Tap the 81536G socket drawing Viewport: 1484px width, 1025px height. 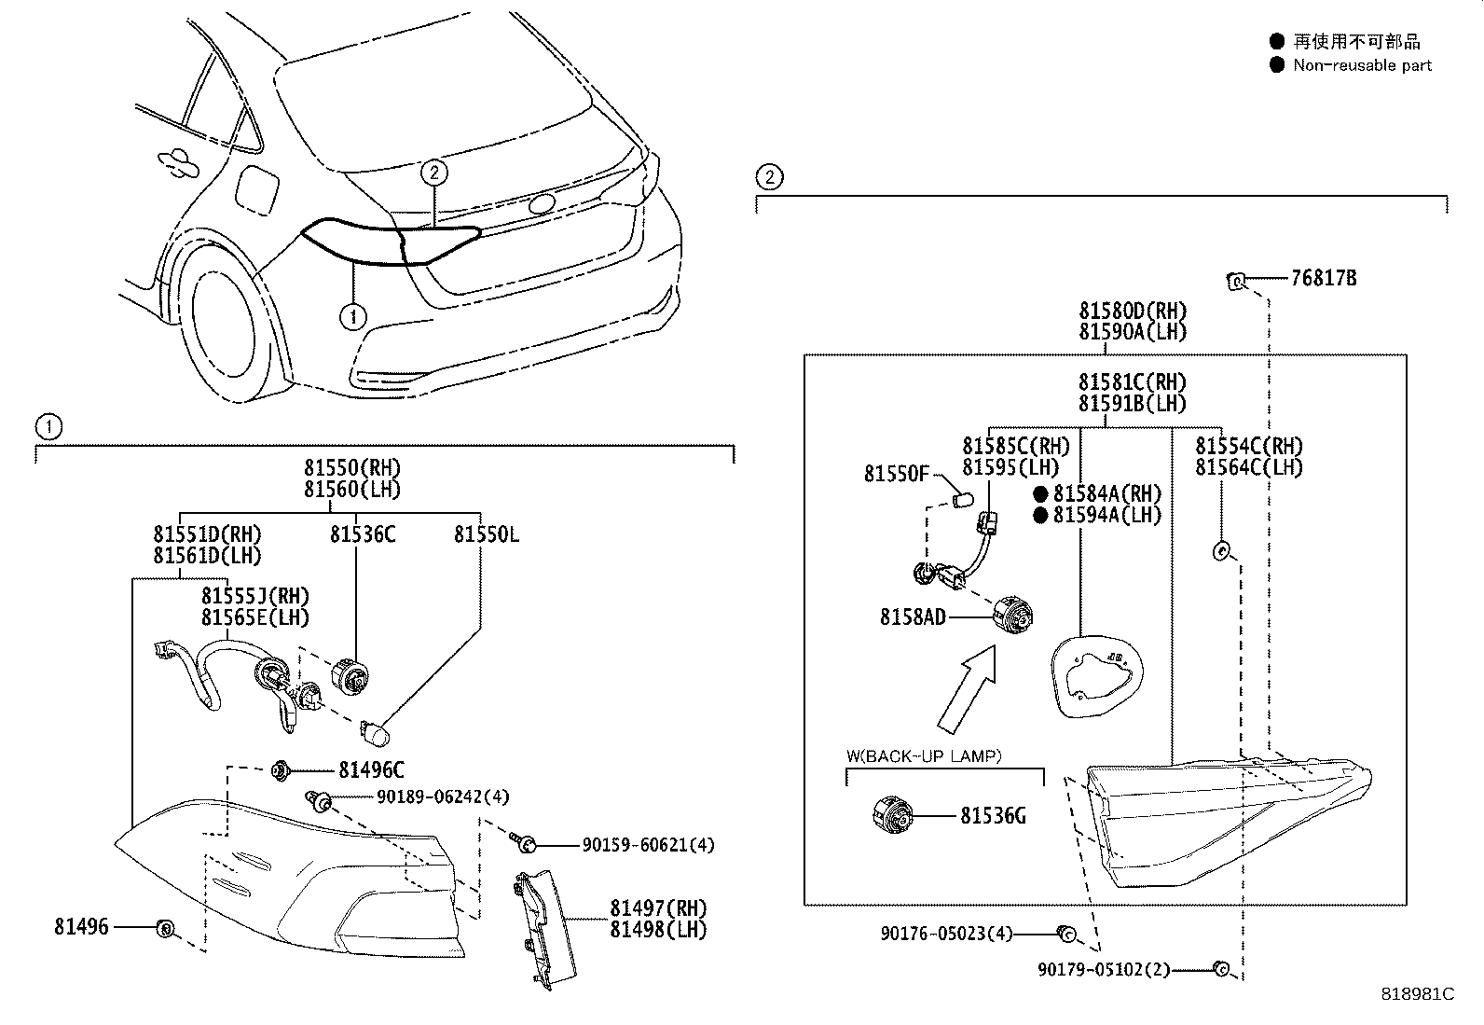[892, 816]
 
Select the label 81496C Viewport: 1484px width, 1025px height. [371, 770]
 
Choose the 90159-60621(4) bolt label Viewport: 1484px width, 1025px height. [648, 845]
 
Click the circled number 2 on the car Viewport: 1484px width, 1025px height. [434, 172]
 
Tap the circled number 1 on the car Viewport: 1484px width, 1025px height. [352, 317]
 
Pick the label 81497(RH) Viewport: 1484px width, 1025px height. [658, 908]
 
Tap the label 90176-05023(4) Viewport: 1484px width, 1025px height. [945, 934]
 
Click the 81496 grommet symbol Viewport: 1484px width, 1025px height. [164, 928]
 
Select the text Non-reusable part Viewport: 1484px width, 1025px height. [1362, 65]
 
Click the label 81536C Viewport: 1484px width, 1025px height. [362, 534]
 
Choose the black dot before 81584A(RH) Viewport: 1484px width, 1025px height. [1040, 493]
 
